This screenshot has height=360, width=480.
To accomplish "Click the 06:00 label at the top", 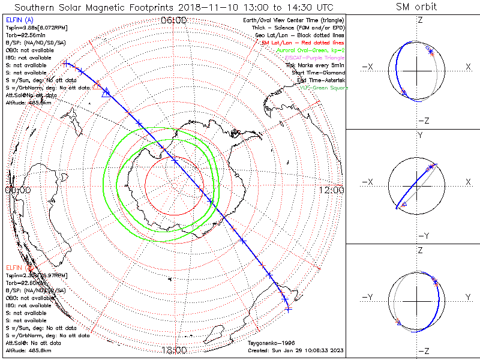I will pyautogui.click(x=174, y=20).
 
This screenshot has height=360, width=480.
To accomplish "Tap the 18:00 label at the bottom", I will pyautogui.click(x=174, y=350).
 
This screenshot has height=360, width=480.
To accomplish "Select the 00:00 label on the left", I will pyautogui.click(x=17, y=190).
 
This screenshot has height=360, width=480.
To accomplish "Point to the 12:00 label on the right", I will pyautogui.click(x=332, y=190).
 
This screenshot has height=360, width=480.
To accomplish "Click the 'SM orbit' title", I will pyautogui.click(x=416, y=7).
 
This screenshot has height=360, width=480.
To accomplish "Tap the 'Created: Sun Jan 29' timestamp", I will pyautogui.click(x=295, y=350).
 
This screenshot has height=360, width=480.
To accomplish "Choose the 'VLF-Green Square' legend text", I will pyautogui.click(x=324, y=88).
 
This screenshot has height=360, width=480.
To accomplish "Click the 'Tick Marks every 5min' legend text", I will pyautogui.click(x=315, y=65).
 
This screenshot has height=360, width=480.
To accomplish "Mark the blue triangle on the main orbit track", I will pyautogui.click(x=106, y=92).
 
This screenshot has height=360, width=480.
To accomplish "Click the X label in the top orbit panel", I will pyautogui.click(x=468, y=66).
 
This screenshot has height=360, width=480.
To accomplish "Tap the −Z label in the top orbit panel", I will pyautogui.click(x=422, y=121).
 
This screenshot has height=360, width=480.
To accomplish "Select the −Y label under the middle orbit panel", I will pyautogui.click(x=422, y=235).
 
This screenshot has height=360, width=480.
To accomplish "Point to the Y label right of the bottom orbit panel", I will pyautogui.click(x=467, y=297).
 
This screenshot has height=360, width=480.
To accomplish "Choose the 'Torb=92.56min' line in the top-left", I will pyautogui.click(x=23, y=35).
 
